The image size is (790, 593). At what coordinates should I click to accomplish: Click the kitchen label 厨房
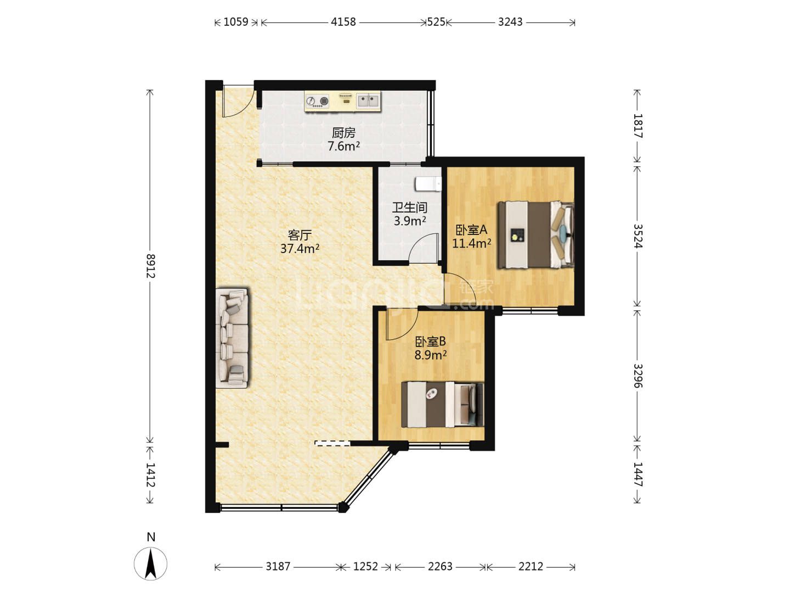[343, 133]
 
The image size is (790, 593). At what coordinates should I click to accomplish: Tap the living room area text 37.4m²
[300, 248]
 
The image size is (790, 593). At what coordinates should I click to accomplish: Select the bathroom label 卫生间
[410, 208]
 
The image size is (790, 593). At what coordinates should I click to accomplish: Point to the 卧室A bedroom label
[471, 230]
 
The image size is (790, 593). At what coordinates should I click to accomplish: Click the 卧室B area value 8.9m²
[431, 355]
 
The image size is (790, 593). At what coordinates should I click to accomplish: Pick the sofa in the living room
[232, 338]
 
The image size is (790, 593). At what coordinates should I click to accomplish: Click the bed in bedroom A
[535, 235]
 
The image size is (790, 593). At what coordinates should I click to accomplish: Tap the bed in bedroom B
[442, 404]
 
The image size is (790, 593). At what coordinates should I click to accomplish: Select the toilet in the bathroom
[428, 183]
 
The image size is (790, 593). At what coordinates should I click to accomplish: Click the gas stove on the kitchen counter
[318, 101]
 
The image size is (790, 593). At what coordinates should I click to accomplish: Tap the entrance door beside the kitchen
[239, 102]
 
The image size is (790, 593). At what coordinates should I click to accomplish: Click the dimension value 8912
[150, 266]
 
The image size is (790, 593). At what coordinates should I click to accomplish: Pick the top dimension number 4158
[343, 22]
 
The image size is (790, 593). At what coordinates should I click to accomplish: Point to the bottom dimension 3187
[278, 566]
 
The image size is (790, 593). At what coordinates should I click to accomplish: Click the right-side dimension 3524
[637, 236]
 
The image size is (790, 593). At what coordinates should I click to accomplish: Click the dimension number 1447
[637, 474]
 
